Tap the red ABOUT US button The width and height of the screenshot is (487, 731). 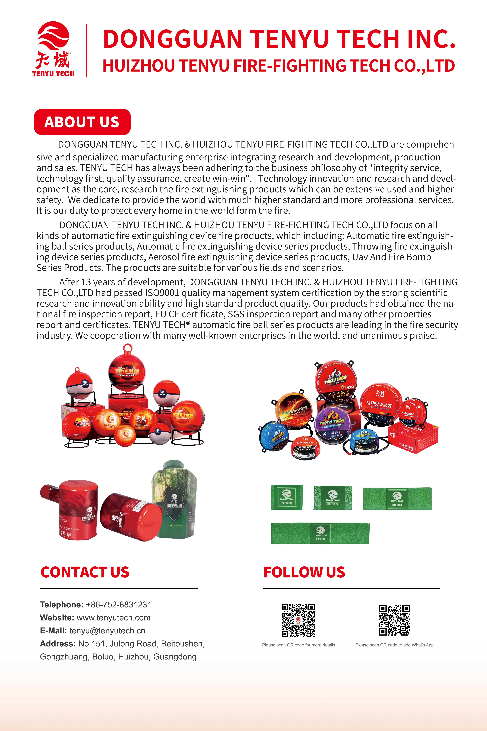[x=82, y=122]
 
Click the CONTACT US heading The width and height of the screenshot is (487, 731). [x=85, y=572]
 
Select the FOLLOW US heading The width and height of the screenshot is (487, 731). [x=304, y=572]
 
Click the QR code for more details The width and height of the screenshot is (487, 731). [x=298, y=620]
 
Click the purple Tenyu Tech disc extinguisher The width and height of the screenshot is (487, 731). [x=332, y=423]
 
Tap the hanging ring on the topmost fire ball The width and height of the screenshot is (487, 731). [x=127, y=348]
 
